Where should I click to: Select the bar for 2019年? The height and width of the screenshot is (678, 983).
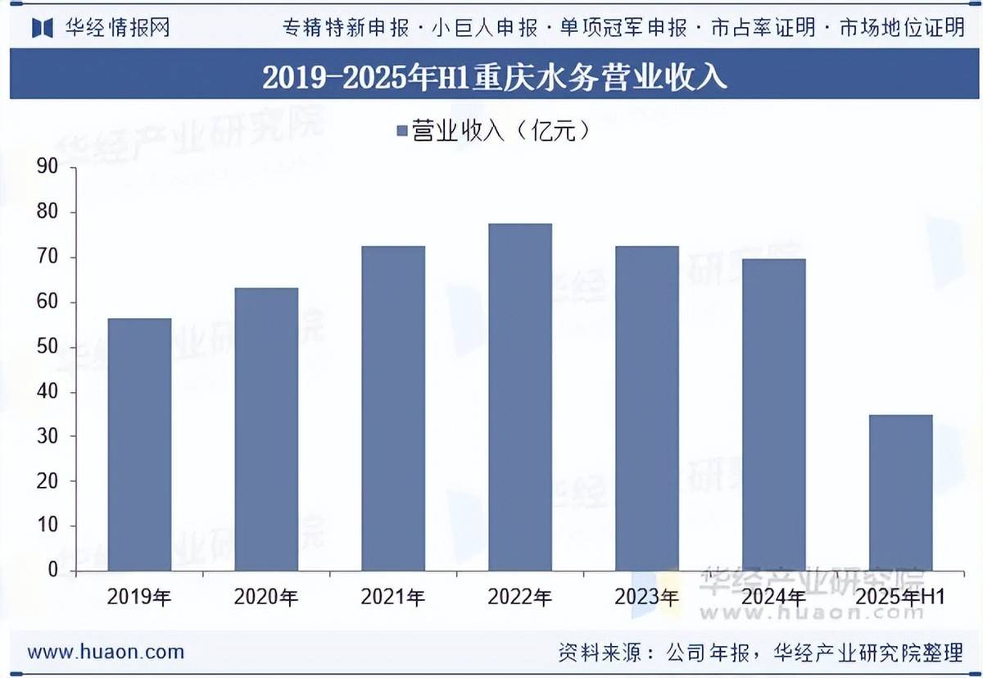[x=139, y=444]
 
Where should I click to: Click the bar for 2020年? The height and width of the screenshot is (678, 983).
[x=266, y=429]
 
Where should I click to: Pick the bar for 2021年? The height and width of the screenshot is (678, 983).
[x=393, y=408]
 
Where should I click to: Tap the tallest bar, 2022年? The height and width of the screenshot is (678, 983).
[x=520, y=397]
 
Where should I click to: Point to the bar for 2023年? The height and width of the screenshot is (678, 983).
[x=647, y=408]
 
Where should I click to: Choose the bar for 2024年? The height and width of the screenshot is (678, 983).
[x=774, y=415]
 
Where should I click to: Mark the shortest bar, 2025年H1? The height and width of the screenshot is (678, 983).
[x=901, y=492]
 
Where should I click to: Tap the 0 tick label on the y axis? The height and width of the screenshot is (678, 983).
[x=53, y=570]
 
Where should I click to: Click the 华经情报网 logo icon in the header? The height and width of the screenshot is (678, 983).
[x=43, y=27]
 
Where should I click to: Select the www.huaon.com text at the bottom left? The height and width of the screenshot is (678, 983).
[x=106, y=653]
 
